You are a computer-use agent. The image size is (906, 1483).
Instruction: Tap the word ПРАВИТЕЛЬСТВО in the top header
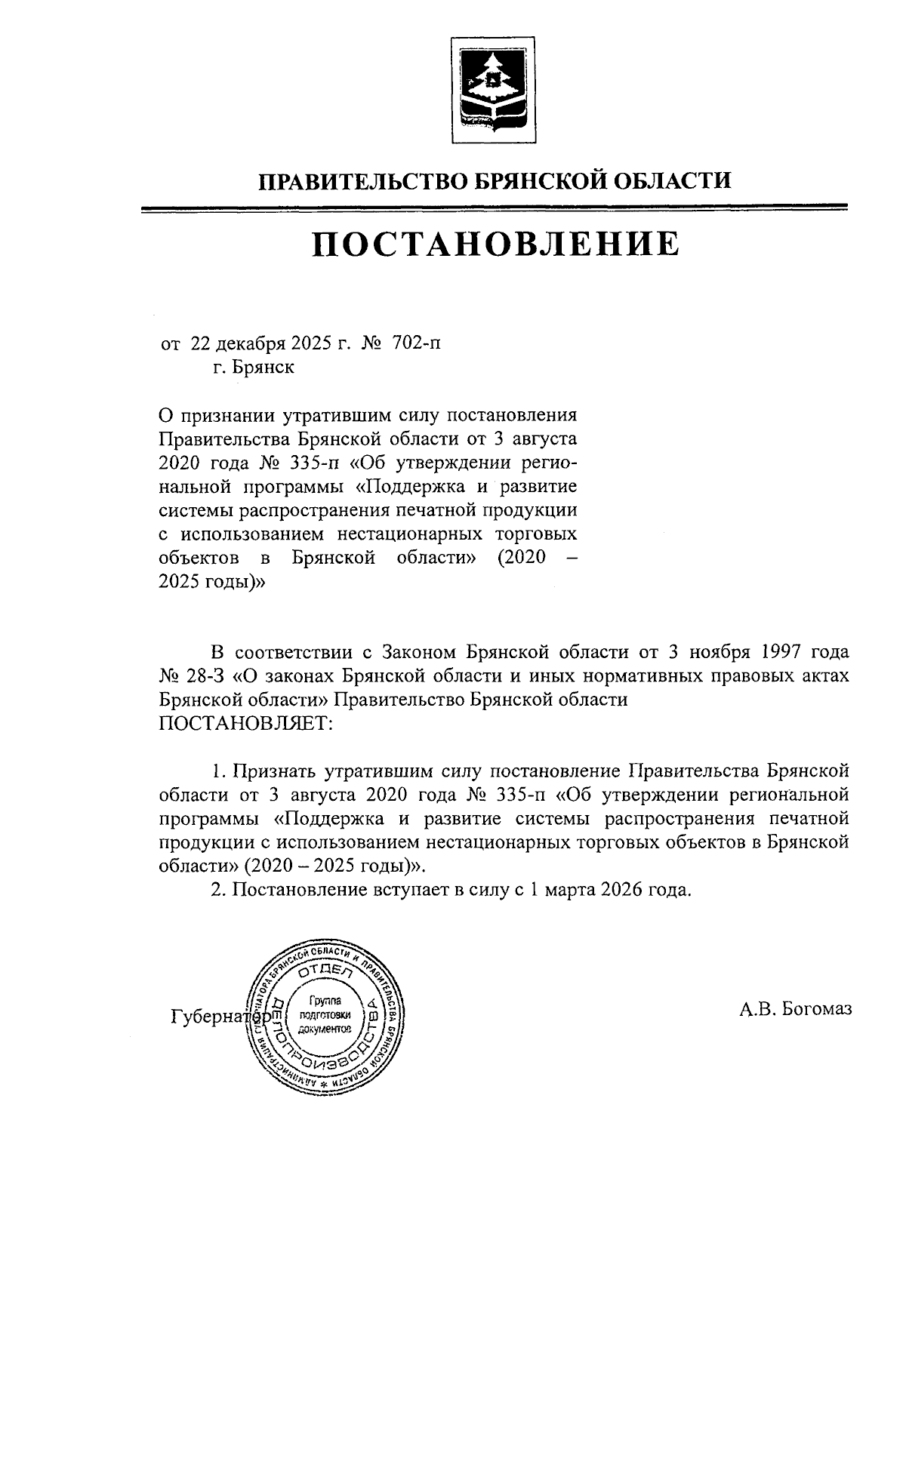(x=365, y=181)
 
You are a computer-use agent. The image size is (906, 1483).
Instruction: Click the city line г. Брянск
(x=254, y=368)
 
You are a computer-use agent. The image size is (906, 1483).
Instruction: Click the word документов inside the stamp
(x=325, y=1029)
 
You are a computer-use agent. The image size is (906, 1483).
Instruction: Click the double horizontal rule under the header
(x=496, y=208)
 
